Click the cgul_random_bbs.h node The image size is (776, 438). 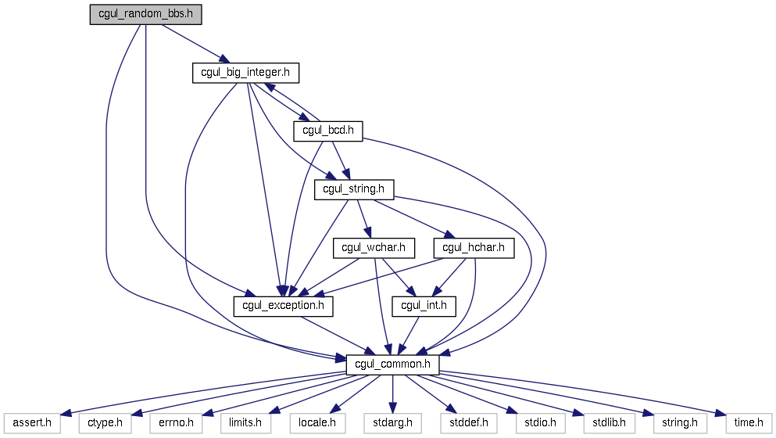(145, 14)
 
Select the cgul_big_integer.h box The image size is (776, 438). (245, 73)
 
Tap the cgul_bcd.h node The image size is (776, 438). (328, 131)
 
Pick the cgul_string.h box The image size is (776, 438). (354, 190)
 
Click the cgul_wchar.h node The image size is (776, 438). (374, 248)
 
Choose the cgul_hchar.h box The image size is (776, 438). (474, 248)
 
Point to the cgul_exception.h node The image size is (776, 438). (283, 306)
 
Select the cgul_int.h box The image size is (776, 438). (424, 306)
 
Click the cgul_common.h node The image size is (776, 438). (392, 364)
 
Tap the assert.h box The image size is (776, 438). (32, 423)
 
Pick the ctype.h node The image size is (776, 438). (105, 423)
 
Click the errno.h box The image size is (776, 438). (176, 423)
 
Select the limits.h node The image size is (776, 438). (245, 423)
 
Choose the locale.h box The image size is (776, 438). (317, 423)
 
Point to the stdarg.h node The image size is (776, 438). (392, 423)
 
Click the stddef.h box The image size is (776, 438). (469, 423)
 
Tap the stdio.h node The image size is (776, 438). (540, 423)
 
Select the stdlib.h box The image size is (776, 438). (610, 423)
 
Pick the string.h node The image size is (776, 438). (680, 423)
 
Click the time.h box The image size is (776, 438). (749, 423)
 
